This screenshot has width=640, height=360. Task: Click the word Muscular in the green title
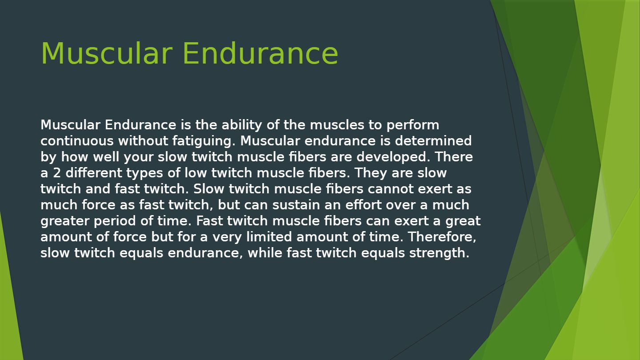click(x=107, y=54)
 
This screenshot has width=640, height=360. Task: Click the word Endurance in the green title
click(x=260, y=54)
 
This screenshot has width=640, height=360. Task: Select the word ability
click(x=241, y=125)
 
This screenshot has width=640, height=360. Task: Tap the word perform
click(x=412, y=125)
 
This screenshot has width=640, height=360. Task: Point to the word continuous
click(x=77, y=141)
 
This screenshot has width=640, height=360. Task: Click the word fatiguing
click(x=204, y=141)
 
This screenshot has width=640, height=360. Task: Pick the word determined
click(x=433, y=141)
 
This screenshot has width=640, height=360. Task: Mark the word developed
click(x=393, y=157)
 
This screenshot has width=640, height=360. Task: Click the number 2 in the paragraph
click(x=57, y=173)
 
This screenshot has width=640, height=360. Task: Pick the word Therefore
click(x=442, y=237)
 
